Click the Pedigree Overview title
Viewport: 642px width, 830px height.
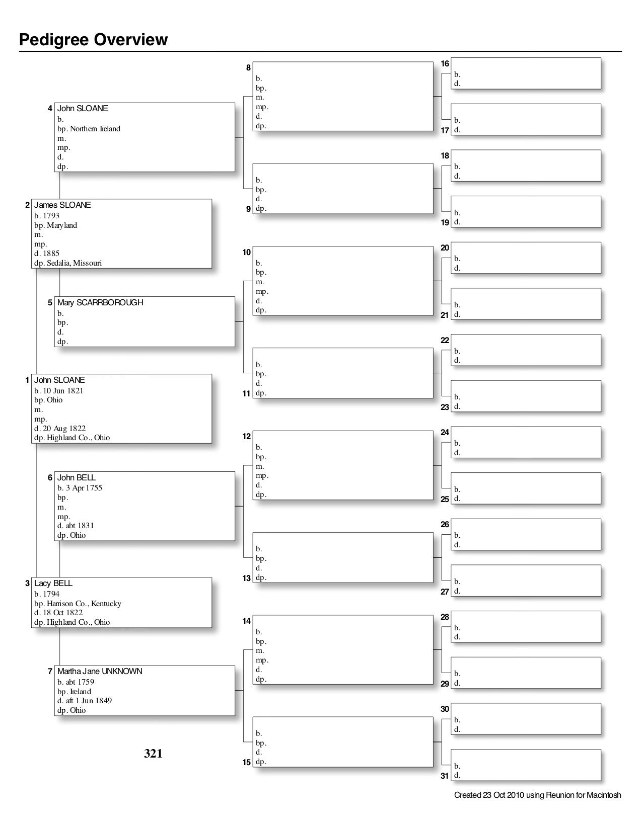coord(93,40)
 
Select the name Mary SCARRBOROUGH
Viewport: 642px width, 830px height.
coord(100,302)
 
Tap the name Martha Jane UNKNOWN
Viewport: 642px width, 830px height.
coord(99,671)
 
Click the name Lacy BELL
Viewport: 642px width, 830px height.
coord(53,583)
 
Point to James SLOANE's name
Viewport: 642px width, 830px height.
coord(62,205)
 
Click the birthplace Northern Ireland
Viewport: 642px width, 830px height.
coord(95,129)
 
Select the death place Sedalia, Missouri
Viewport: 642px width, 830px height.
coord(74,263)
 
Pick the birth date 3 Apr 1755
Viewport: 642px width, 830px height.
coord(84,487)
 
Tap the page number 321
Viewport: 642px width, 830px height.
coord(153,753)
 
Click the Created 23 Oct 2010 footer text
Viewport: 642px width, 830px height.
coord(537,795)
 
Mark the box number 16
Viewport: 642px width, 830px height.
coord(445,63)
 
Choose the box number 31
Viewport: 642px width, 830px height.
coord(445,776)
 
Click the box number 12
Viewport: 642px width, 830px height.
coord(247,436)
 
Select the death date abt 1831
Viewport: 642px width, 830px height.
coord(80,526)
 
